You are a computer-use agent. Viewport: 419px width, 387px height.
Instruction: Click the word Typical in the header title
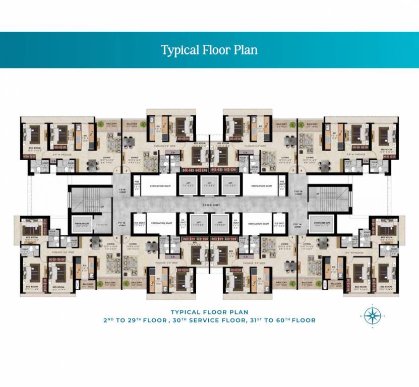point(178,50)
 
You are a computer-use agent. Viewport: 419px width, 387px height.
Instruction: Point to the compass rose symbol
point(372,316)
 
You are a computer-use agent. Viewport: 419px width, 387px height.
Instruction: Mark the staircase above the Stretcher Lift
point(323,199)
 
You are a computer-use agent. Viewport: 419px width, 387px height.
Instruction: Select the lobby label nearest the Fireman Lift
point(121,224)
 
